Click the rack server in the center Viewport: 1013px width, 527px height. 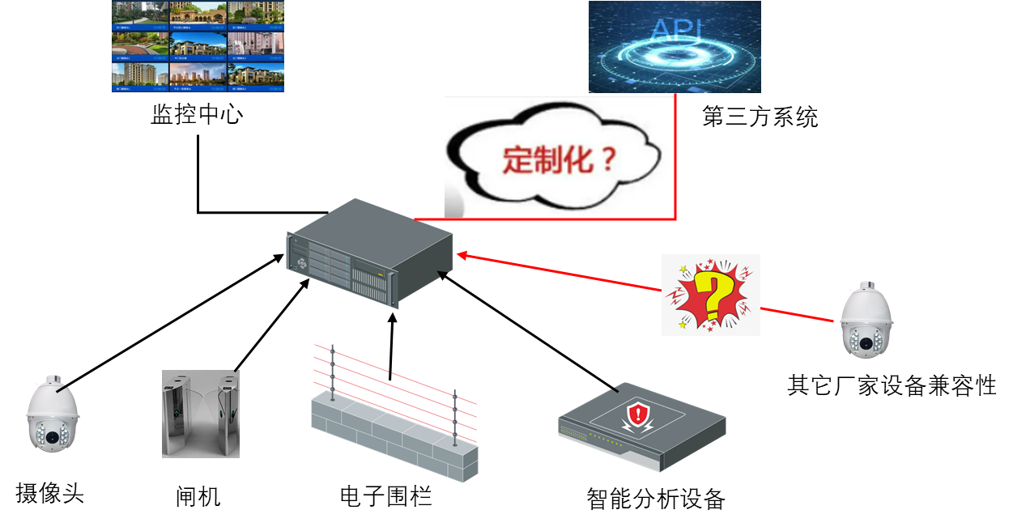[368, 252]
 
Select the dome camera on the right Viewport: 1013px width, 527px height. [866, 322]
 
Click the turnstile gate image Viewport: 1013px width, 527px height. [201, 414]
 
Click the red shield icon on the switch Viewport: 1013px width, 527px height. [640, 417]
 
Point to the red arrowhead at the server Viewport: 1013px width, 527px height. [462, 256]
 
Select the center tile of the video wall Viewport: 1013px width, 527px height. [198, 47]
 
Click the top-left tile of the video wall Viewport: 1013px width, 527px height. [140, 15]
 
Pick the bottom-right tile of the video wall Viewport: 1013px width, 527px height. [256, 77]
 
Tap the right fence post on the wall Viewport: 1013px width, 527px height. [454, 416]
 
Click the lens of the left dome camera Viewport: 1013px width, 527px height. [53, 438]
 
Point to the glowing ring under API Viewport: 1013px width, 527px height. [674, 56]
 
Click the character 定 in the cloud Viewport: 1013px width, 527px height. [517, 159]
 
